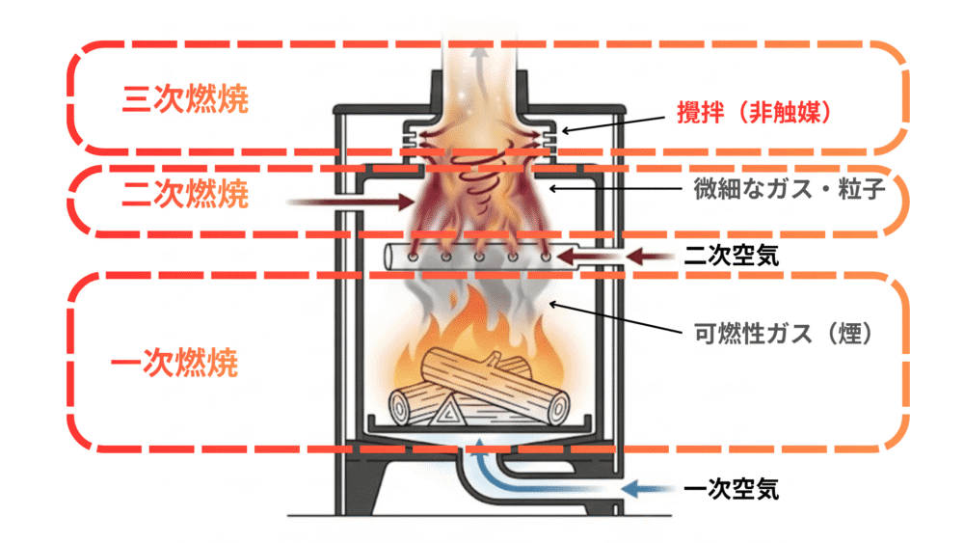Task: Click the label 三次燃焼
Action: coord(186,100)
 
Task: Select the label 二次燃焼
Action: coord(186,196)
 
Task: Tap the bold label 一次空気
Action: coord(730,489)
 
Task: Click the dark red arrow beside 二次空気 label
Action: coord(656,256)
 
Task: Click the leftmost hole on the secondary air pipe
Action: coord(413,258)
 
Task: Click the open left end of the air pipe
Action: coord(389,257)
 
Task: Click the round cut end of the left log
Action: coord(401,410)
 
